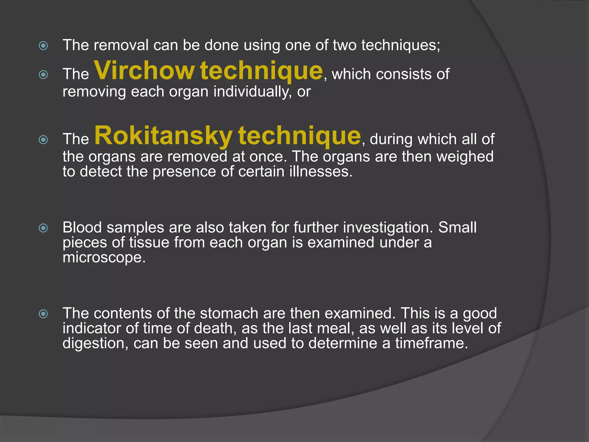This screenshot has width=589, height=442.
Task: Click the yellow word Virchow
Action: (144, 71)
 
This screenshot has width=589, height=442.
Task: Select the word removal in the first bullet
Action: (121, 45)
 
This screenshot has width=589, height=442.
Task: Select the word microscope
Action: (104, 257)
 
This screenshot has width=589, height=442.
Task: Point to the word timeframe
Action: (431, 343)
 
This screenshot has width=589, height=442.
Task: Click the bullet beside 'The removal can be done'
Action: (43, 46)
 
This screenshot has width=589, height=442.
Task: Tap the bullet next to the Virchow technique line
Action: (43, 75)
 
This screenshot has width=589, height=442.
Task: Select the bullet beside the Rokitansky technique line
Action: (43, 140)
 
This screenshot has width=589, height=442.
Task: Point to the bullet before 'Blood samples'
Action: (43, 228)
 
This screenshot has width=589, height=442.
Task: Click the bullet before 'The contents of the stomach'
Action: (43, 314)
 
